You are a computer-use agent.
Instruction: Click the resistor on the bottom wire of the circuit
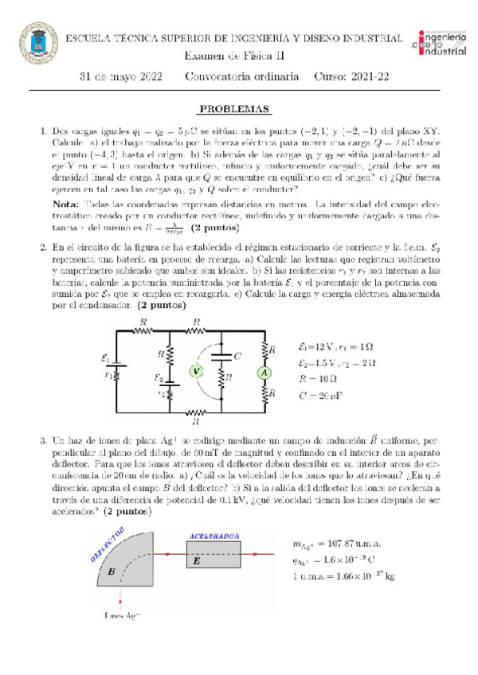(x=195, y=413)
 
